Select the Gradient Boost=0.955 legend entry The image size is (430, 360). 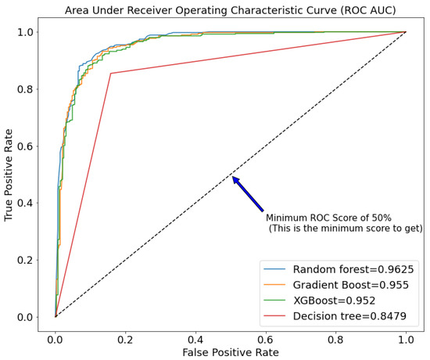click(350, 284)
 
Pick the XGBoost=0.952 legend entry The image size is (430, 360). click(338, 302)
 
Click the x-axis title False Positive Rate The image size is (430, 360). click(231, 353)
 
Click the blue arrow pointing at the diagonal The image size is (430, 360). click(247, 193)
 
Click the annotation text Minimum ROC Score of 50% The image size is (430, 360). click(328, 218)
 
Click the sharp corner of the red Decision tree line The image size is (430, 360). click(111, 74)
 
